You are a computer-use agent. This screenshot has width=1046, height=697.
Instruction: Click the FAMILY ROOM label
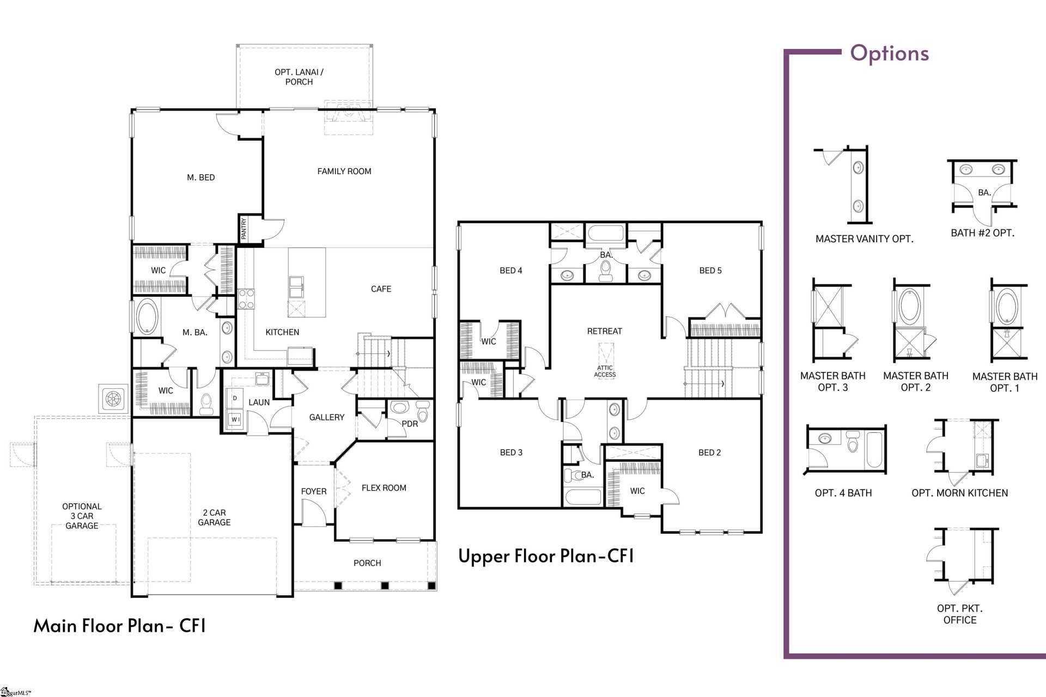tap(344, 171)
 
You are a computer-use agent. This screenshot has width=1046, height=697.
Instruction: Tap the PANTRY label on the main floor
tap(244, 229)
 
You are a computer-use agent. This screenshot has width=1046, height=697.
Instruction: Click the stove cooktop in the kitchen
tap(246, 299)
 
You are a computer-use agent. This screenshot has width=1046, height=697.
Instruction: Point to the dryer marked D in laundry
tap(235, 399)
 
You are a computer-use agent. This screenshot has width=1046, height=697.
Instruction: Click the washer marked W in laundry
tap(235, 419)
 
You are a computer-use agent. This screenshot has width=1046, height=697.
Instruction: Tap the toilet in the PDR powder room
tap(423, 412)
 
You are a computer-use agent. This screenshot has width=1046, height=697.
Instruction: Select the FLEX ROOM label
tap(384, 488)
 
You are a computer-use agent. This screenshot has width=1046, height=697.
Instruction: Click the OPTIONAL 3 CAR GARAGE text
tap(82, 516)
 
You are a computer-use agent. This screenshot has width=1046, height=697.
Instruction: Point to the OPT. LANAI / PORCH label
tap(299, 77)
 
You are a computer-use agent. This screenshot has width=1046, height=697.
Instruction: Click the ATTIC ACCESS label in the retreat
tap(605, 371)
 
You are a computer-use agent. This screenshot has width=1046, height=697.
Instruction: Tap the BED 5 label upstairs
tap(710, 271)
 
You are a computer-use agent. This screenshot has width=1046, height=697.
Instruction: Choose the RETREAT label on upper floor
tap(604, 331)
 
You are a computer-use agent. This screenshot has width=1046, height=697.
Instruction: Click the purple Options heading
tap(889, 53)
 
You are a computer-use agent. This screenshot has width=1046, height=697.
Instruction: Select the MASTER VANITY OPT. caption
tap(864, 239)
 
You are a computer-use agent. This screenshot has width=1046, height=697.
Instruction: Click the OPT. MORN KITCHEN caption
tap(959, 493)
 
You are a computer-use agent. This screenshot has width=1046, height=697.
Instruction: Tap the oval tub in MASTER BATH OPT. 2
tap(908, 306)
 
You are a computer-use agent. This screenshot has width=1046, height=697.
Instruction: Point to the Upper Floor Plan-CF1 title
tap(546, 556)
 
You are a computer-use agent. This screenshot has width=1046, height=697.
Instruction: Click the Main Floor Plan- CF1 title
tap(120, 626)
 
